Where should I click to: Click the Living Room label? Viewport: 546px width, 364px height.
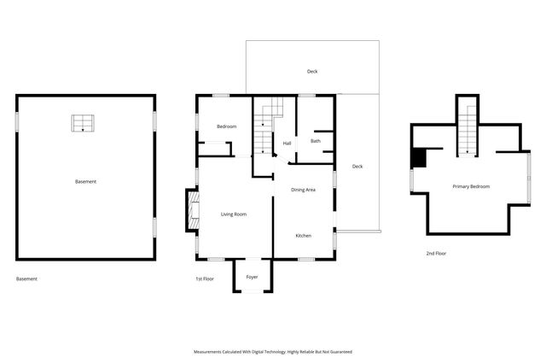[x=233, y=214]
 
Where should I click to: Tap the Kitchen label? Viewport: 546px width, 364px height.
[x=303, y=235]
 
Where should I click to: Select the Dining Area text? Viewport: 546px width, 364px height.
[x=303, y=190]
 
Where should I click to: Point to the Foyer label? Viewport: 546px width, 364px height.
[x=252, y=277]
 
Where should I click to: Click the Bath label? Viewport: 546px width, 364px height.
[x=315, y=141]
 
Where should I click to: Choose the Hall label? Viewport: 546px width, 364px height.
[x=287, y=144]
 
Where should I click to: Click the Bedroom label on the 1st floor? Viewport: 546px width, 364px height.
[x=226, y=126]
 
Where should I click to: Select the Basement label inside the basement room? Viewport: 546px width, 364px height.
[x=85, y=181]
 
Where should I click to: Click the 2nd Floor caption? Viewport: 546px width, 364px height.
[x=436, y=253]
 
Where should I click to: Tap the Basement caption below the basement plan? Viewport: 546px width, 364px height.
[x=27, y=279]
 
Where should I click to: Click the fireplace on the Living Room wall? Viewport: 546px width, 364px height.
[x=192, y=211]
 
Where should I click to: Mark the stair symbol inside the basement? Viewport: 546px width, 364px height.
[x=83, y=123]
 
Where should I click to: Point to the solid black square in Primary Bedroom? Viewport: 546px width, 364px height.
[x=418, y=158]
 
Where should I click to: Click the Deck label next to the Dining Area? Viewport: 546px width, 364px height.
[x=357, y=166]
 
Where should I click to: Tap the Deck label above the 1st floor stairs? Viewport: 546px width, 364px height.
[x=312, y=72]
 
